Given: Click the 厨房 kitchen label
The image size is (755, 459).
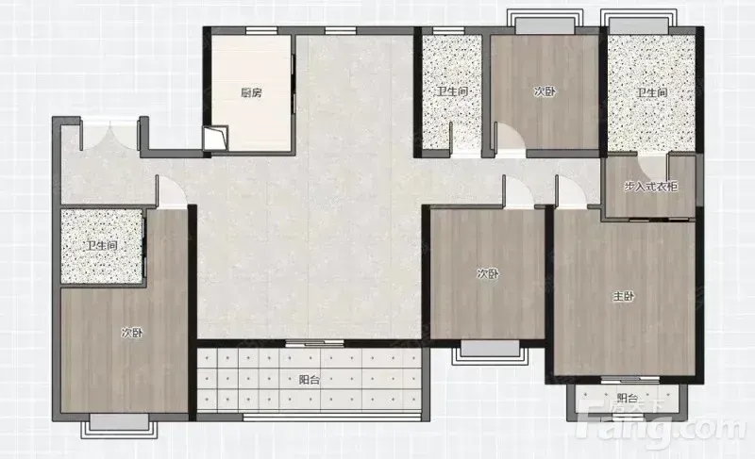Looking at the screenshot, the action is [251, 92].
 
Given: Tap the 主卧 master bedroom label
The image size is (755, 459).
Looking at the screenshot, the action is [624, 297].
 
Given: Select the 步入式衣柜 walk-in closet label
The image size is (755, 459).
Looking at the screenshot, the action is [651, 187].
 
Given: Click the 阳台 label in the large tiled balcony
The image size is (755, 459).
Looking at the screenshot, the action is [310, 380].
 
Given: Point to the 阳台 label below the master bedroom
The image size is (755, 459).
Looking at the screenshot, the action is [628, 399].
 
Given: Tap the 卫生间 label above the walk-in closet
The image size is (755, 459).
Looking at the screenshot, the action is [652, 92].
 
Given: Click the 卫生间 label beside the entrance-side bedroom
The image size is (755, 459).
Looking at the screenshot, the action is [102, 246].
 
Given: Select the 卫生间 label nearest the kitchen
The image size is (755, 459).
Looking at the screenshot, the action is [452, 91].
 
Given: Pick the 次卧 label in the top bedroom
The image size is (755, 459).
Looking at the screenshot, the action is [545, 91].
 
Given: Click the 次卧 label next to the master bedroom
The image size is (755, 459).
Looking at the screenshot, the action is [488, 274].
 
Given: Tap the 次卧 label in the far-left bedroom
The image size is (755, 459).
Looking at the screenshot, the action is [132, 333].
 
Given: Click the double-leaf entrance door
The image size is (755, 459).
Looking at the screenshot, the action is [109, 135].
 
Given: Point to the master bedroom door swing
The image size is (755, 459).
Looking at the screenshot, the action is [572, 191].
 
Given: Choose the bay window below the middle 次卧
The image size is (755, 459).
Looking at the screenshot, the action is [490, 352].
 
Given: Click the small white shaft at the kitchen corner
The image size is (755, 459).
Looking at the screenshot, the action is [215, 138].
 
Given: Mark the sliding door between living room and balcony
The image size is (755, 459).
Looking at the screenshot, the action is [314, 343].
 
